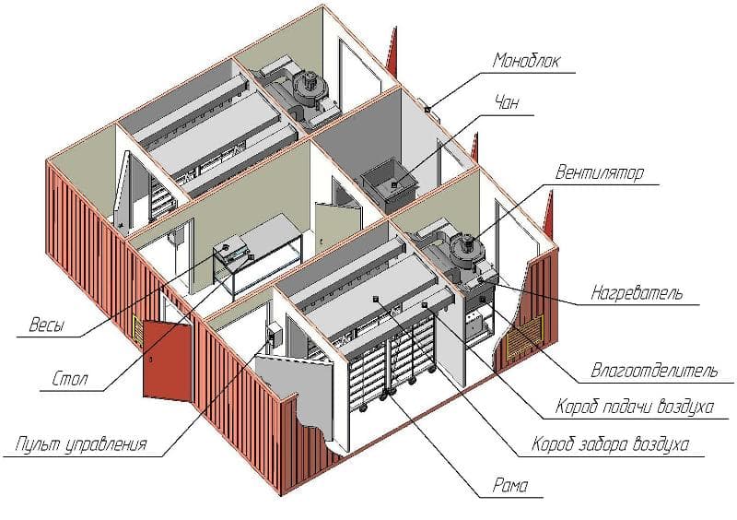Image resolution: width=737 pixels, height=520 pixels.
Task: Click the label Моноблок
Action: (x=526, y=61)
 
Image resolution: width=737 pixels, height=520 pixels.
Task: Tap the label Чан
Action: (x=508, y=101)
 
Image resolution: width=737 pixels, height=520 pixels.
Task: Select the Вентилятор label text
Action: (x=600, y=172)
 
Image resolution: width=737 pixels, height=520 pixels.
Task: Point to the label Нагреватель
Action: (x=637, y=292)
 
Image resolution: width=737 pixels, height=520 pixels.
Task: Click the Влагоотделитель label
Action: (x=654, y=371)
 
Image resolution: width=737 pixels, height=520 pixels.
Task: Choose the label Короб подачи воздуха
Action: (x=635, y=407)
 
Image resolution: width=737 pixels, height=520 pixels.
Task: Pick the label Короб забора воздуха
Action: (x=611, y=444)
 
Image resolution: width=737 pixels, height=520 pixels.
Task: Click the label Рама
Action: (x=510, y=485)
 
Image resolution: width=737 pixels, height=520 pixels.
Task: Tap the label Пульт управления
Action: (x=81, y=444)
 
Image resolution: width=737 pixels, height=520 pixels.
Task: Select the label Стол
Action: (x=70, y=379)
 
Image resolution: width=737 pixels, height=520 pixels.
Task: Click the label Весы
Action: (x=47, y=325)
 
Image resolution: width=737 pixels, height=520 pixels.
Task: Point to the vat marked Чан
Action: (x=390, y=185)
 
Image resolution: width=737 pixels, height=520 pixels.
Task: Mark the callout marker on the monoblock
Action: (x=427, y=110)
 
